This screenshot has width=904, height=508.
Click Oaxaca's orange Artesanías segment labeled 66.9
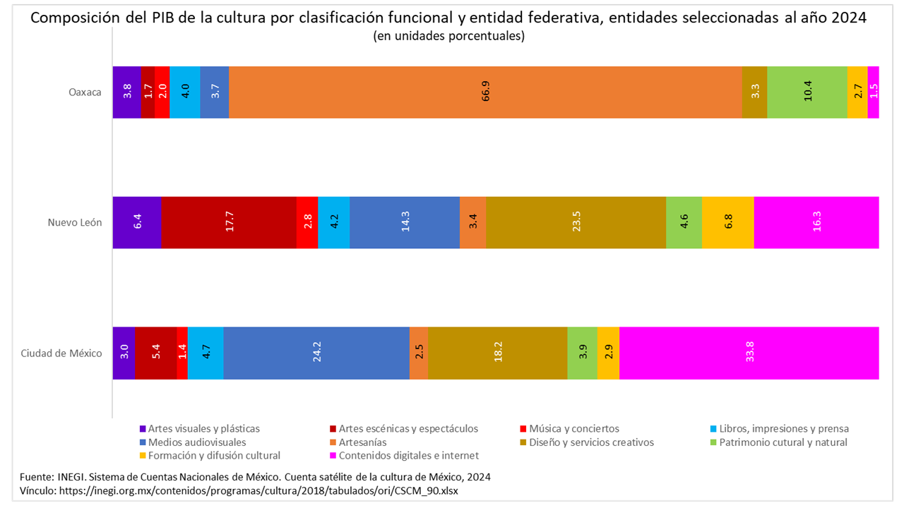[485, 92]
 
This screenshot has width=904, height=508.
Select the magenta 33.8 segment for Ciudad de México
[749, 353]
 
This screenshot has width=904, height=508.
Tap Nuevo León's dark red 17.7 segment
[229, 222]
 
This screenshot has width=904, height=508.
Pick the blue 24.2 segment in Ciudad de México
[316, 353]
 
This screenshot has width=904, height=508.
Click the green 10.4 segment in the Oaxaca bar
[807, 92]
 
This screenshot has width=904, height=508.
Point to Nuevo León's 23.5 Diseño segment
[576, 222]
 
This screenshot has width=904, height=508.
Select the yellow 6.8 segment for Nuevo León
[727, 222]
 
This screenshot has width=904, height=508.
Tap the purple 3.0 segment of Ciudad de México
[124, 353]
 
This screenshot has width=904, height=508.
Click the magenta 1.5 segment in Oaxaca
[874, 92]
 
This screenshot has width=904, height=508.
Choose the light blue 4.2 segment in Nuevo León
[333, 222]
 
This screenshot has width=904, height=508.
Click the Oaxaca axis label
[85, 92]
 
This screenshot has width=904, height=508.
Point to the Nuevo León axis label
[75, 222]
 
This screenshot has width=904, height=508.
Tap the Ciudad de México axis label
[61, 353]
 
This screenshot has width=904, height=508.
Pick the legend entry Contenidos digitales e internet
[408, 456]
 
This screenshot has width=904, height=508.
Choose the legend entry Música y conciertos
[574, 428]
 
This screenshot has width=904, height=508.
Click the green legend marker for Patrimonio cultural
[713, 442]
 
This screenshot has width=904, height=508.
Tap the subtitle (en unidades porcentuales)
[448, 36]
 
